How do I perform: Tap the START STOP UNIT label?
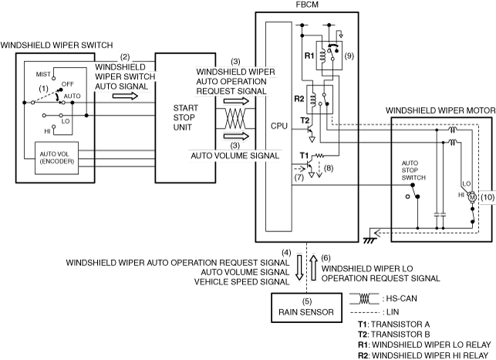[185, 118]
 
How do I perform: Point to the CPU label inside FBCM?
[278, 126]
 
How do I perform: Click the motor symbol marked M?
[472, 197]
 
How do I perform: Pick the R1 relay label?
[309, 56]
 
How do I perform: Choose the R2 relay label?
[299, 99]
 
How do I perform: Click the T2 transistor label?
[304, 120]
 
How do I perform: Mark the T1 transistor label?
[304, 155]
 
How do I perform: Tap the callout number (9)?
[349, 56]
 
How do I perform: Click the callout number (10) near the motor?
[488, 197]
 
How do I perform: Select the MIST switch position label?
[43, 74]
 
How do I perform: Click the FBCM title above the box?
[307, 5]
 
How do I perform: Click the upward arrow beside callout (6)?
[313, 267]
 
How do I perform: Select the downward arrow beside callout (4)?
[299, 267]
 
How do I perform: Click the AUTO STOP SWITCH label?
[413, 170]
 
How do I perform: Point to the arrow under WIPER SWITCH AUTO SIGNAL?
[125, 96]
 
